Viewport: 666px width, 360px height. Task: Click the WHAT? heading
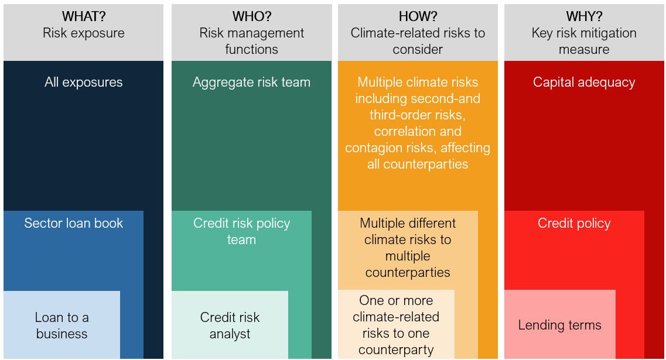(x=84, y=16)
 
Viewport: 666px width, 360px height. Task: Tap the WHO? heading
(x=251, y=16)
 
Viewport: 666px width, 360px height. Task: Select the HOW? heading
(x=418, y=16)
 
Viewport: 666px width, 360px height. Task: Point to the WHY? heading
(x=584, y=16)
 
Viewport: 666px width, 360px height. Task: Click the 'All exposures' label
(x=84, y=82)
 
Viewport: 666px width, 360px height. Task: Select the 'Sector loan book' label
(x=73, y=223)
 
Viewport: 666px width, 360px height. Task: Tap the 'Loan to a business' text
(x=62, y=325)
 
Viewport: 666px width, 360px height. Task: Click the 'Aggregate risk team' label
(x=251, y=82)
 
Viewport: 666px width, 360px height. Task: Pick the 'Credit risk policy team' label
(x=242, y=231)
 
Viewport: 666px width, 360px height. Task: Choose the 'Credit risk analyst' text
(x=230, y=325)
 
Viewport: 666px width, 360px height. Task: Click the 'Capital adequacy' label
(x=584, y=82)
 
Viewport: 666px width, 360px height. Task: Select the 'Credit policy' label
(x=574, y=223)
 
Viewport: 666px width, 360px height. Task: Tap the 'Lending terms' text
(x=560, y=325)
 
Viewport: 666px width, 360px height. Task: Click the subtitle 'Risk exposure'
(x=84, y=33)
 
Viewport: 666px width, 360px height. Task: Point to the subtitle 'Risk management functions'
(x=251, y=41)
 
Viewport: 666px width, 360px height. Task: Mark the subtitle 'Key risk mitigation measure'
(x=584, y=41)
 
